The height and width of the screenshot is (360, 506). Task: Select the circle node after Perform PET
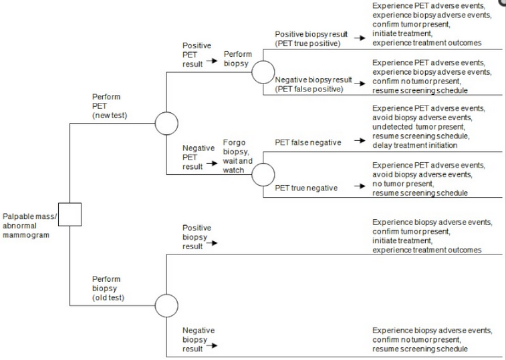click(166, 123)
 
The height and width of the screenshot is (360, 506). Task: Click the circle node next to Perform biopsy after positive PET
click(263, 72)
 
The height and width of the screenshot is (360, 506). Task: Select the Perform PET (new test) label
click(111, 106)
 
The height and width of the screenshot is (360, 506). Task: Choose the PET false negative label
click(308, 142)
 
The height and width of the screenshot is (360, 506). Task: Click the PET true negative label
click(306, 188)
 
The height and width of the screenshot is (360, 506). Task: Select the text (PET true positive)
click(309, 44)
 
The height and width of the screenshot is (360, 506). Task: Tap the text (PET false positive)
click(311, 89)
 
